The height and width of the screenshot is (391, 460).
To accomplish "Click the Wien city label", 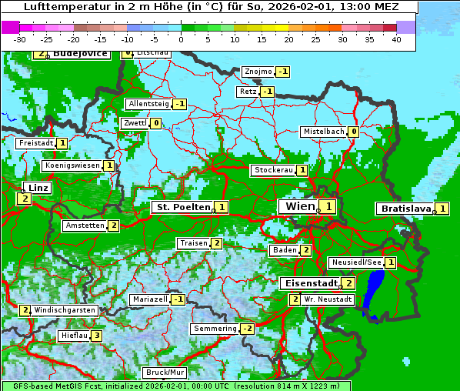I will click(299, 206).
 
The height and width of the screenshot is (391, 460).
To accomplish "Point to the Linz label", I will click(37, 188).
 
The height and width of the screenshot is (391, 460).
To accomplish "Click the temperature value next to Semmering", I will click(247, 329).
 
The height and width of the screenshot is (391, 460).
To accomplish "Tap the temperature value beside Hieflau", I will click(96, 336).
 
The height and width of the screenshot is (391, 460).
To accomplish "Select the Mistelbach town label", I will click(323, 132).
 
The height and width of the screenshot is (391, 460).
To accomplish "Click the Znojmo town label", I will click(258, 72).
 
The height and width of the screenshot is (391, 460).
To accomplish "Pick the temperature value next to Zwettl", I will click(155, 123).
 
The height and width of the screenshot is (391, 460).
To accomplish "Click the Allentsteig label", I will click(148, 104).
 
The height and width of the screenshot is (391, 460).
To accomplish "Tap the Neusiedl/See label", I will click(356, 262).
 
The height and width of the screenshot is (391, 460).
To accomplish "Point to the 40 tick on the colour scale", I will click(396, 39).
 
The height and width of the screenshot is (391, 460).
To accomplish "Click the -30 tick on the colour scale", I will click(20, 39).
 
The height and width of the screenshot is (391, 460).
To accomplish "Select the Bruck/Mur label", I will click(165, 373).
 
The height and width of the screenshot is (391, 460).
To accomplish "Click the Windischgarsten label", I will click(65, 310).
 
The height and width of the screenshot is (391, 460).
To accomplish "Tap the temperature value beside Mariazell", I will click(178, 299).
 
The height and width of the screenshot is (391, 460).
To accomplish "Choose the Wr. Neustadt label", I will click(328, 299).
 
